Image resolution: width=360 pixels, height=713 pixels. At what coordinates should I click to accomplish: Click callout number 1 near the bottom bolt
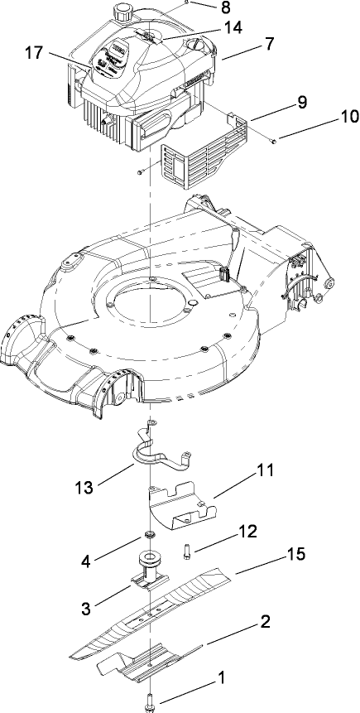(x=220, y=678)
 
